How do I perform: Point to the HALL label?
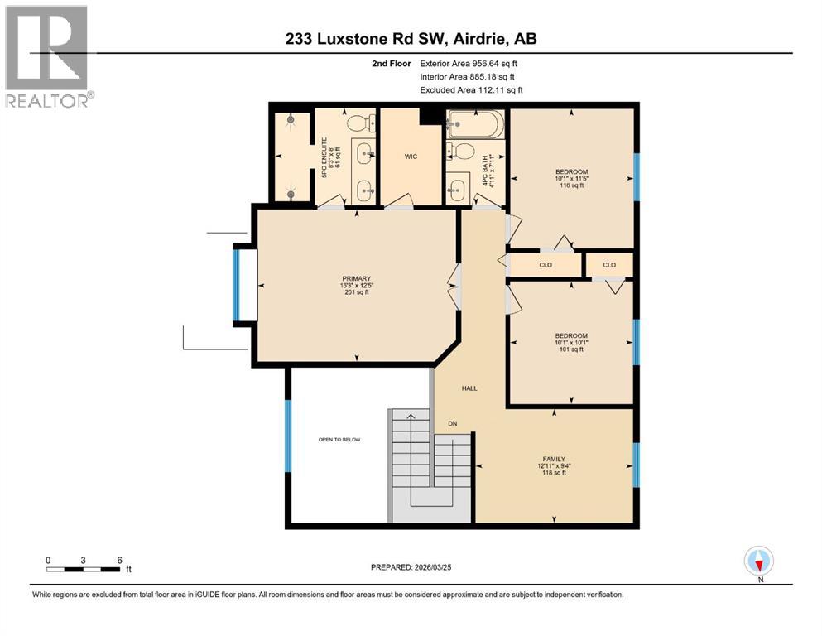pos(469,388)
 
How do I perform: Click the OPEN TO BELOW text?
pos(340,439)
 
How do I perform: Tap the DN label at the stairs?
pos(452,424)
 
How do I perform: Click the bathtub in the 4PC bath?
pos(475,127)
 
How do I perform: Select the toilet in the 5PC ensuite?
pos(357,123)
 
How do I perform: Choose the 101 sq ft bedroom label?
pos(571,342)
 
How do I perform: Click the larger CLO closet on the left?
pos(545,265)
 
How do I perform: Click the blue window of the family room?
pos(636,465)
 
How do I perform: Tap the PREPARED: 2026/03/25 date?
pos(411,567)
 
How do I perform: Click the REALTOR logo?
pos(49,55)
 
